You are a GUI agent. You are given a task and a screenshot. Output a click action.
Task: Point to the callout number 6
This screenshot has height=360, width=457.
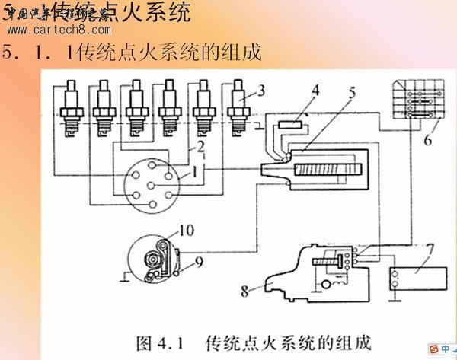click(427, 140)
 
